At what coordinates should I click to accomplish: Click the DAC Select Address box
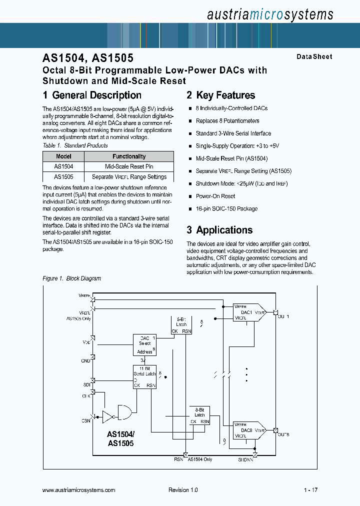(x=144, y=344)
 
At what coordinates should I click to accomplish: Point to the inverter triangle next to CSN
(x=107, y=415)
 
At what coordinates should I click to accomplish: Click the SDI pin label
(x=86, y=384)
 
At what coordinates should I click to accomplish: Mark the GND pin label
(x=85, y=360)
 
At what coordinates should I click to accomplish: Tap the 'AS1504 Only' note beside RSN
(x=200, y=459)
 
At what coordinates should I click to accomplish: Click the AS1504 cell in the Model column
(x=63, y=166)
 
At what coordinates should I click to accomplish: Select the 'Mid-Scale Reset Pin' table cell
(x=129, y=166)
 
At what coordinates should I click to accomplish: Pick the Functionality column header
(x=129, y=156)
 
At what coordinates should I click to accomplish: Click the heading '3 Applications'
(x=219, y=230)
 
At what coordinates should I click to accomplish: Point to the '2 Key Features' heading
(x=220, y=95)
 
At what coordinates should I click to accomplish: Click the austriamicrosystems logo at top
(x=270, y=14)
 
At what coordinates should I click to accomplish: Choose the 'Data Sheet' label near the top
(x=314, y=57)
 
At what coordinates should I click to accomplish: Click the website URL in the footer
(x=78, y=490)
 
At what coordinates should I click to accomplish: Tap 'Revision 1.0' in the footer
(x=183, y=490)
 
